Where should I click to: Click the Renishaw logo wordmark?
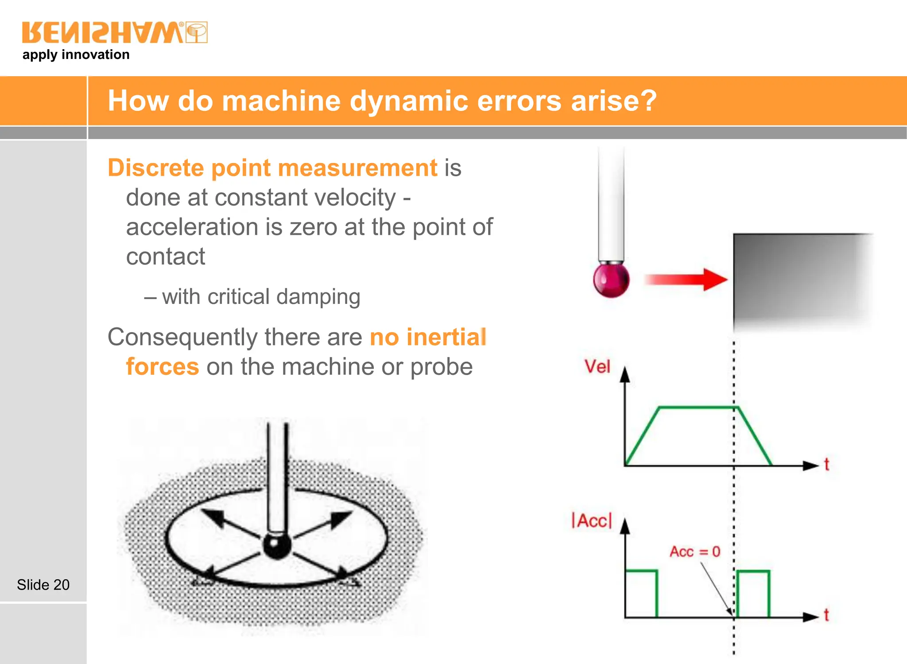click(x=103, y=32)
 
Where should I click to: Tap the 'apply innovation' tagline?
click(x=76, y=54)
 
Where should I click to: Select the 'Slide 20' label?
click(x=43, y=585)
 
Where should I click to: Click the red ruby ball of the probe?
click(x=611, y=280)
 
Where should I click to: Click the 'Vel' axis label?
click(x=597, y=367)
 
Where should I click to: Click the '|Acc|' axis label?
click(x=592, y=520)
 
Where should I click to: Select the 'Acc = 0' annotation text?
click(x=694, y=551)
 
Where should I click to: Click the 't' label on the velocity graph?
click(x=826, y=464)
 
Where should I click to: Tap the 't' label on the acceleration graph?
click(x=826, y=615)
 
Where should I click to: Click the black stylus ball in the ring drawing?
click(x=277, y=546)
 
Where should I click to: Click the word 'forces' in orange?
click(x=163, y=367)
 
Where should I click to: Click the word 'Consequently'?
click(x=182, y=337)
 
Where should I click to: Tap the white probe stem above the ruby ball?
click(x=611, y=204)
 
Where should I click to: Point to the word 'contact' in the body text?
click(x=166, y=256)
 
